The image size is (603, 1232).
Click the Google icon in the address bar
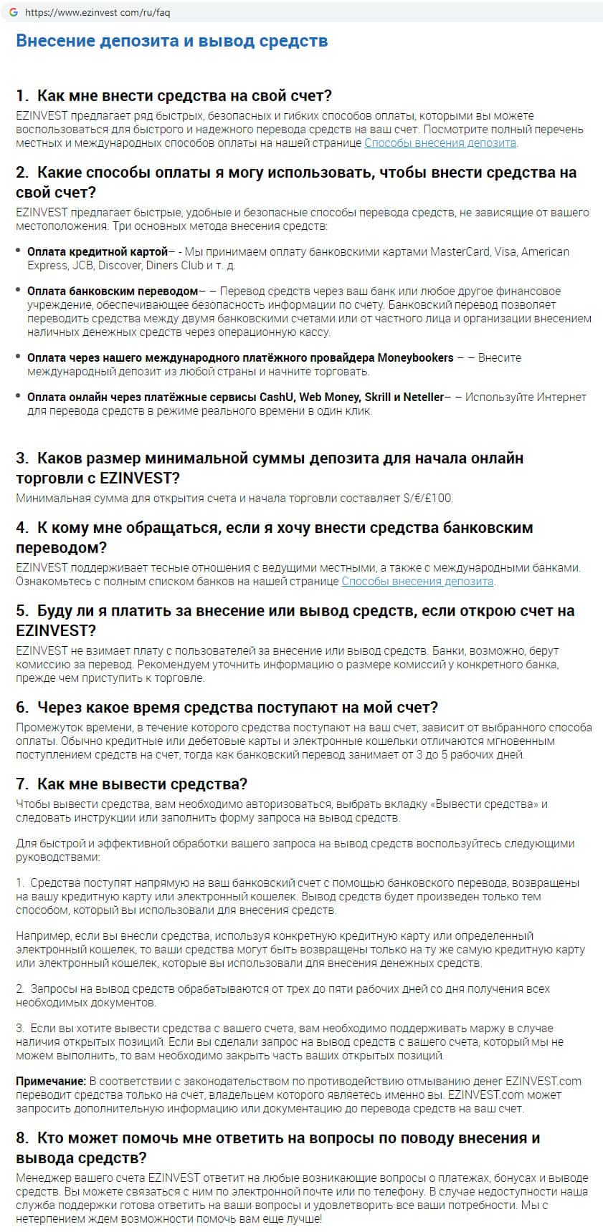13,12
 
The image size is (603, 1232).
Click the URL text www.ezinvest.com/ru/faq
98,13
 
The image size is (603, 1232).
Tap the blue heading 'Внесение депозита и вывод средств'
171,41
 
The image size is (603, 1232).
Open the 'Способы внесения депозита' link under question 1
440,143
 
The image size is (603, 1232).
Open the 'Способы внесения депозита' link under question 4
417,581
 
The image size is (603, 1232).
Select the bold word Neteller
424,397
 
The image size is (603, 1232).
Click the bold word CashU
276,397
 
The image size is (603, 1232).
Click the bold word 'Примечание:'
51,1081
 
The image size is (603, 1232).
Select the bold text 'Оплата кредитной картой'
98,251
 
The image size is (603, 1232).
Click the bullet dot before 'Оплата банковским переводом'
19,292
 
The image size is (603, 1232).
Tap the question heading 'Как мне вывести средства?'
142,784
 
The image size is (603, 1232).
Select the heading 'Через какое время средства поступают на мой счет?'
237,708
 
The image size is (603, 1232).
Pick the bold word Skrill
377,397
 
